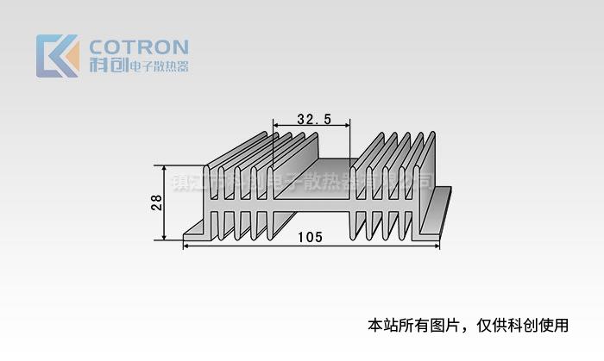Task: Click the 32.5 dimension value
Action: coord(313,119)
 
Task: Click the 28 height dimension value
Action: coord(156,202)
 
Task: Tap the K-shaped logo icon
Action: coord(57,56)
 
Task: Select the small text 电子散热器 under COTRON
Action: coord(158,66)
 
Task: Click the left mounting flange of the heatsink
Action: coord(195,230)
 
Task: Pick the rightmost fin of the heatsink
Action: coord(425,172)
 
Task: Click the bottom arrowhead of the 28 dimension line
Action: coord(166,238)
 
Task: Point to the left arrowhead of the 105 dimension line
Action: coord(186,246)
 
